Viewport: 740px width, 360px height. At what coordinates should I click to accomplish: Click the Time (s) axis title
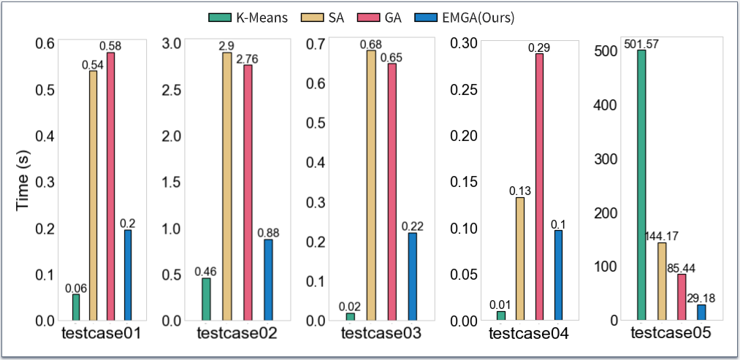[23, 182]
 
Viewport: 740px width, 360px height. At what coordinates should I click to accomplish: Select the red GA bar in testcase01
[110, 186]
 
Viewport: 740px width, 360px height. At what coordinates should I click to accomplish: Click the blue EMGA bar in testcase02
[268, 280]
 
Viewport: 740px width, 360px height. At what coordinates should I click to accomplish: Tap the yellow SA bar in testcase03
[371, 185]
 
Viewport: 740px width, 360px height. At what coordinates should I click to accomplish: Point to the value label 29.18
[702, 299]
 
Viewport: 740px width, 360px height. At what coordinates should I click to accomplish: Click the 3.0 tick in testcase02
[172, 43]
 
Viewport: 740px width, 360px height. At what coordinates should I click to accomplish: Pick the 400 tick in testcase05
[607, 105]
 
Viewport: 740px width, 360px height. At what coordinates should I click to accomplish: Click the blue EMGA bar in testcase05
[702, 313]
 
